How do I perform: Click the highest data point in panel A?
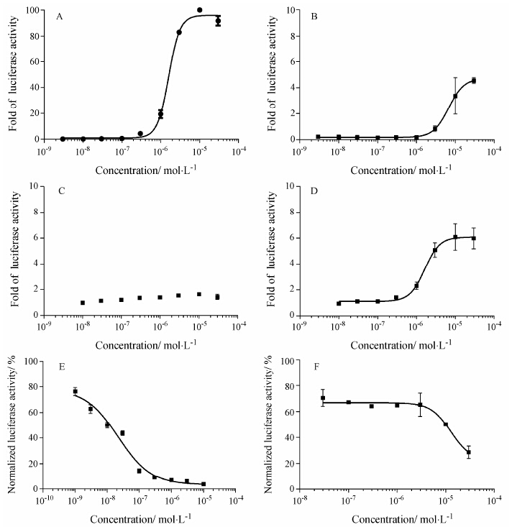tap(199, 10)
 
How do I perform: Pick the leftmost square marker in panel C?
tap(83, 303)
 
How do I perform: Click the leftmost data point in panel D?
tap(339, 303)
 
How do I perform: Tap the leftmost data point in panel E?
tap(75, 391)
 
